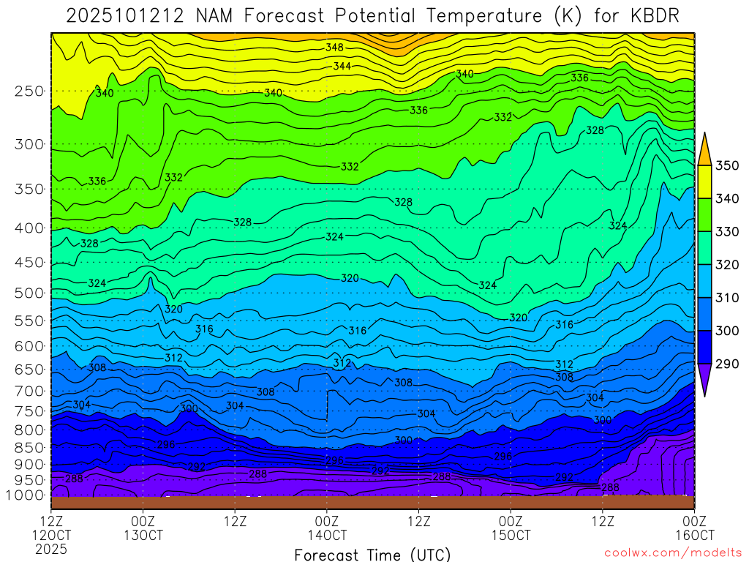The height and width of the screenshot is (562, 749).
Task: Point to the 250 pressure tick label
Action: click(29, 91)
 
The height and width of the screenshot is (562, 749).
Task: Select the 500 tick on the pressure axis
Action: click(29, 293)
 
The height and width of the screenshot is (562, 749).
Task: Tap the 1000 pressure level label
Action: click(25, 495)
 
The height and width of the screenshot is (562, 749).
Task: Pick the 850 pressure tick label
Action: click(29, 447)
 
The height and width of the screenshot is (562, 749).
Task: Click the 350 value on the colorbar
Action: click(728, 165)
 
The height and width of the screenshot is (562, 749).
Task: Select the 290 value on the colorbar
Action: click(728, 364)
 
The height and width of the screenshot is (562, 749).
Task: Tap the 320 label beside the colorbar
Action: click(728, 264)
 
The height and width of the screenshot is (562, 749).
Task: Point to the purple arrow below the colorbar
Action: click(704, 381)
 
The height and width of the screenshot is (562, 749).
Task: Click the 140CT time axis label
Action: click(326, 535)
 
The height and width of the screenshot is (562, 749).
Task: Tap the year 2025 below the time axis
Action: click(51, 548)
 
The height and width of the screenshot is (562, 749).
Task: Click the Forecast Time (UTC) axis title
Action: click(373, 554)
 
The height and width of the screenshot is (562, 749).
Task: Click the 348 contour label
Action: click(334, 48)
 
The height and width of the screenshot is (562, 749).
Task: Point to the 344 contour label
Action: click(342, 66)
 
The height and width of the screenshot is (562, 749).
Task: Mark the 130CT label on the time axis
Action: click(143, 535)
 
